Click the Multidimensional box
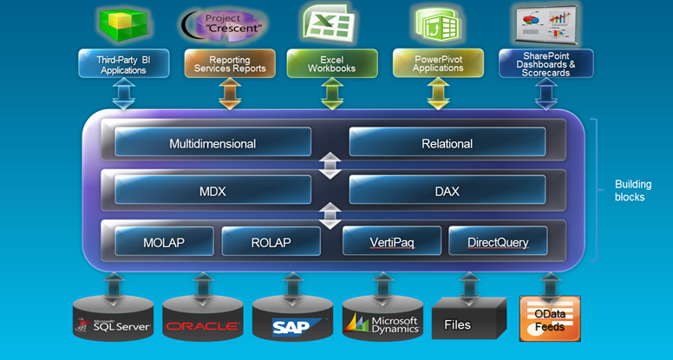[212, 143]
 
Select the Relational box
[447, 143]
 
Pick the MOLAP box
[165, 242]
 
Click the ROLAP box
[271, 242]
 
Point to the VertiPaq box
[392, 242]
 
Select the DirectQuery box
[497, 242]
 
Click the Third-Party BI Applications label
[123, 63]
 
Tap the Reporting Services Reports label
[230, 63]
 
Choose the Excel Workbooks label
[333, 63]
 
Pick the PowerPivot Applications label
[437, 63]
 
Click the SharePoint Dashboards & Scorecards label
[546, 63]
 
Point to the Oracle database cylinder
[203, 319]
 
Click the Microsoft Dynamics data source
[382, 319]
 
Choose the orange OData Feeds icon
[549, 318]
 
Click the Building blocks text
[631, 191]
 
